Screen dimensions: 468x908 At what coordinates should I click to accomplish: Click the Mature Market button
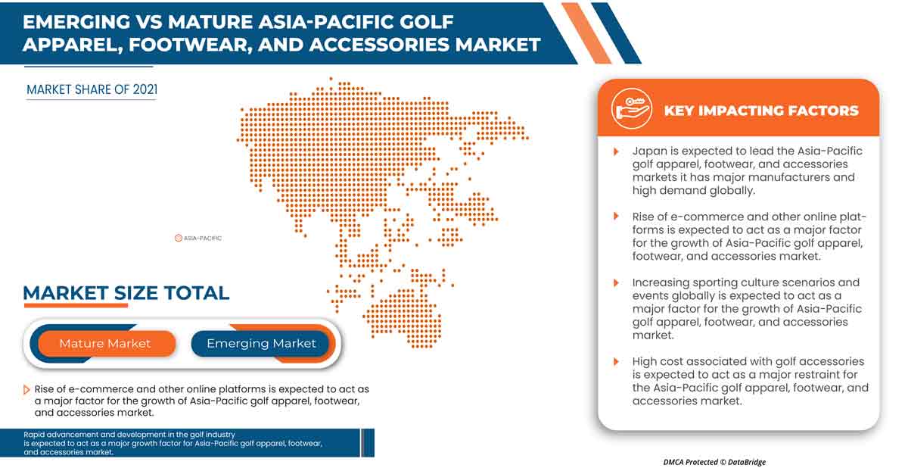pos(105,344)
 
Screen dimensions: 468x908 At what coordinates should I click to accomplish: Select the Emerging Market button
pos(261,344)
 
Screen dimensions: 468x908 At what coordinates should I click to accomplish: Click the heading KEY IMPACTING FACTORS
pos(760,111)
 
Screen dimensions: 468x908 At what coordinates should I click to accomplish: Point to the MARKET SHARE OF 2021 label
pos(92,89)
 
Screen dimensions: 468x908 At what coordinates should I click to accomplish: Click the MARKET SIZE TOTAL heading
pos(126,293)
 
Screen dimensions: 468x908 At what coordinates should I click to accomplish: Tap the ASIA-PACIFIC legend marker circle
pos(179,238)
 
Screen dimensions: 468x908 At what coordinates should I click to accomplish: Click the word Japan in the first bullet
pos(650,151)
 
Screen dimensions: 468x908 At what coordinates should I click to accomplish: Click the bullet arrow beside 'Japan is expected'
pos(617,151)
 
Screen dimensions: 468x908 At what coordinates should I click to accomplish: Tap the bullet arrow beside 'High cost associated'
pos(617,362)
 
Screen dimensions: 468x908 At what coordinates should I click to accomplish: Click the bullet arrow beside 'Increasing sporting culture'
pos(617,283)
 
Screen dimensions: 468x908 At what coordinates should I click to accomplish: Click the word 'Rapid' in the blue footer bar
pos(36,434)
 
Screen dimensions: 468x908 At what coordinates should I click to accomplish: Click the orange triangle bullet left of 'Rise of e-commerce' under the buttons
pos(27,389)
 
